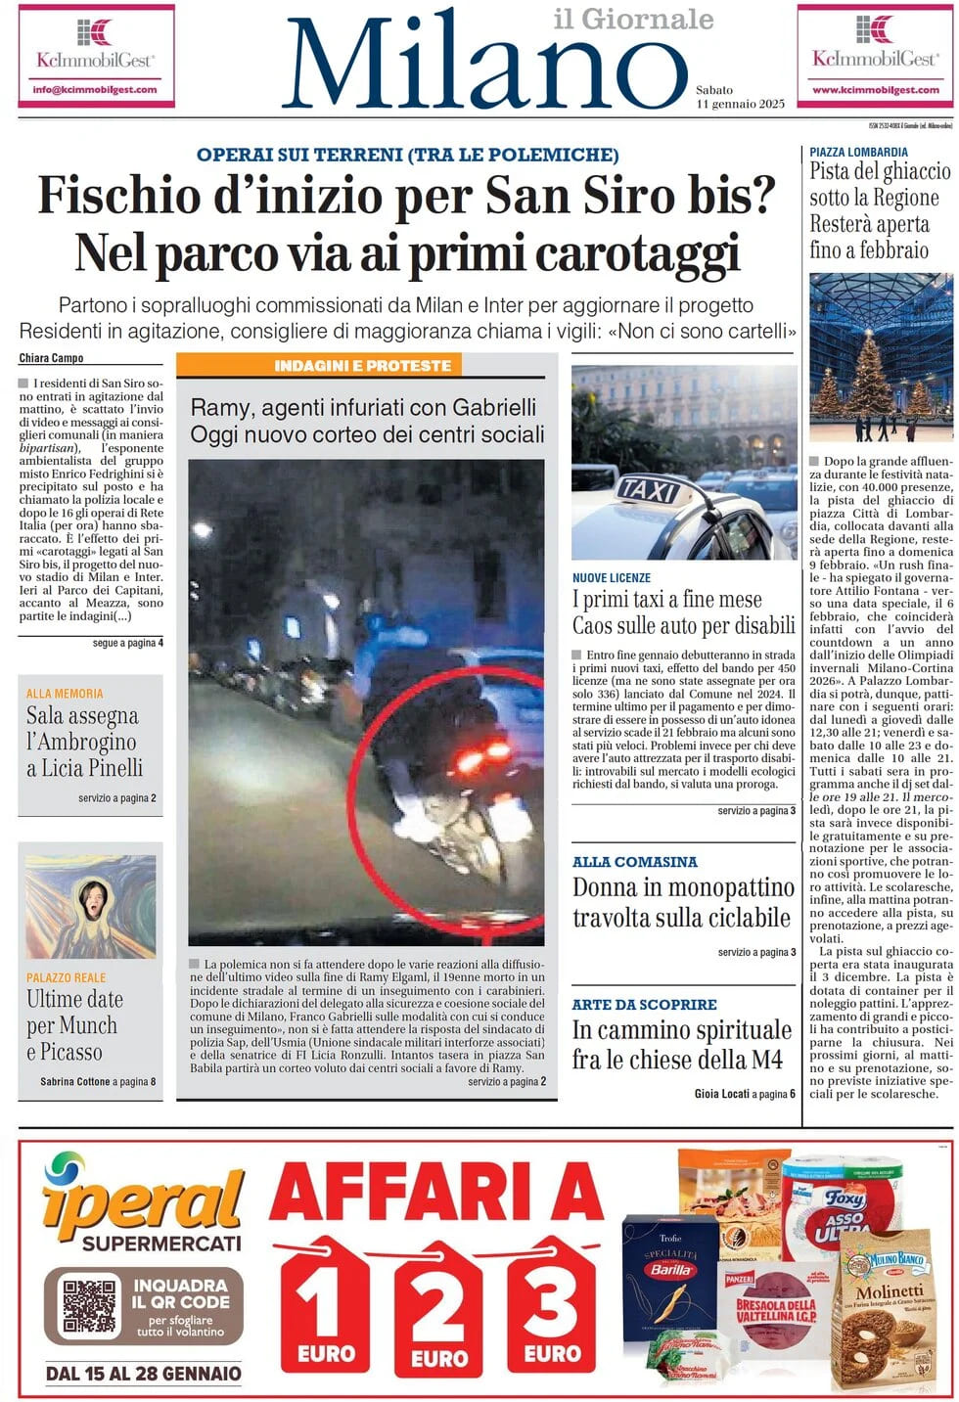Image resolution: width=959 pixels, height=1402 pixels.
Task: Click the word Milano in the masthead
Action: pos(484,61)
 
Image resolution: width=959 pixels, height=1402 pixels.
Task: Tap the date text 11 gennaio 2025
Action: pos(740,104)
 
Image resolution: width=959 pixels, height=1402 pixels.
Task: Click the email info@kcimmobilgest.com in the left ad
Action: pos(95,89)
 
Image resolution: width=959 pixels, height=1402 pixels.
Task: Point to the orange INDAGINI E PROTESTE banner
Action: pos(362,366)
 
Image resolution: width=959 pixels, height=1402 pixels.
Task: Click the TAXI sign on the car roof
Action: pos(648,488)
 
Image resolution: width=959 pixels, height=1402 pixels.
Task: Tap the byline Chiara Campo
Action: pos(51,358)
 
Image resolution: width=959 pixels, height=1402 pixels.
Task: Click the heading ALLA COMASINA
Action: pos(634,862)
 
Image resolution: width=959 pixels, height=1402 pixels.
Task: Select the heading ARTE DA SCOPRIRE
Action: pos(644,1005)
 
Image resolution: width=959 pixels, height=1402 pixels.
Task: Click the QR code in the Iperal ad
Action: pos(89,1303)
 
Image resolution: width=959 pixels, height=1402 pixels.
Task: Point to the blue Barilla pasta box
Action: pos(670,1277)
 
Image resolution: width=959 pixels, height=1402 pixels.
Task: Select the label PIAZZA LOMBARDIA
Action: pos(858,153)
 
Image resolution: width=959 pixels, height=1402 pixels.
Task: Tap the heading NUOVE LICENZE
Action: pos(612,578)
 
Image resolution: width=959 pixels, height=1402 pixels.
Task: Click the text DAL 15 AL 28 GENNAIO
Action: pos(143,1374)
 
